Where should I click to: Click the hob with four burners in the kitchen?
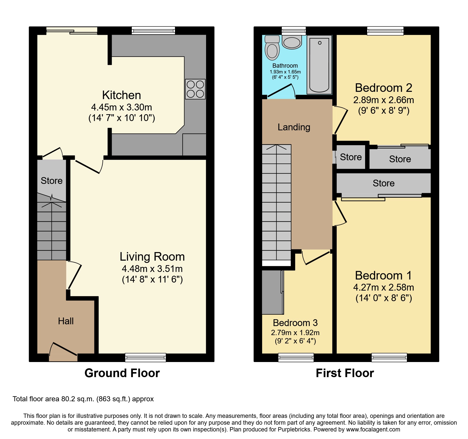pos(195,89)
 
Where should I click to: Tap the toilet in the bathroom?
pos(272,48)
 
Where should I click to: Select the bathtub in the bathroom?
pos(319,65)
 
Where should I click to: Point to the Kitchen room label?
pos(122,95)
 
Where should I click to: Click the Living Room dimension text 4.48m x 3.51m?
pos(152,269)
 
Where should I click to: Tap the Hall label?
pos(66,321)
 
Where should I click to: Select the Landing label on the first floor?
pos(294,127)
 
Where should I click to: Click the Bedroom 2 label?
pos(383,88)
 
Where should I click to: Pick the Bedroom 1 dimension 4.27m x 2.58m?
pos(383,287)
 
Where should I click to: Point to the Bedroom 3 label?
pos(295,323)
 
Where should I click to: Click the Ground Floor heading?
pos(122,373)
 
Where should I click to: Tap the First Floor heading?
pos(345,373)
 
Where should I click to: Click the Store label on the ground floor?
pos(52,181)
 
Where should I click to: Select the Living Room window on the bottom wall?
pos(145,357)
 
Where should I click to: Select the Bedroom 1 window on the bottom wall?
pos(389,357)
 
